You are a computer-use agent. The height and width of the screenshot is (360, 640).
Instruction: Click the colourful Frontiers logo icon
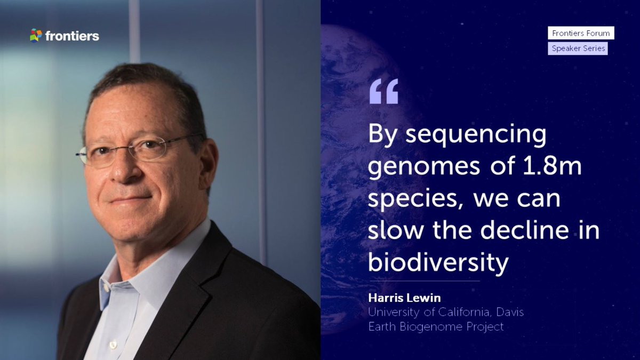click(x=36, y=36)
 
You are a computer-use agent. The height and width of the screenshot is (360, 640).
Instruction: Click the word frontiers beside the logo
click(x=72, y=36)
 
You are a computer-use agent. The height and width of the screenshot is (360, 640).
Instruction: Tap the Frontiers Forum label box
click(x=581, y=33)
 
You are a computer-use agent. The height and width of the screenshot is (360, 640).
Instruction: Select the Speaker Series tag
click(x=578, y=49)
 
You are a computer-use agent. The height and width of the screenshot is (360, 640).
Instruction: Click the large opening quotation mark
click(x=383, y=91)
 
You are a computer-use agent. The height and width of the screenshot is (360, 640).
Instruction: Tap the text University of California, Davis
click(x=446, y=312)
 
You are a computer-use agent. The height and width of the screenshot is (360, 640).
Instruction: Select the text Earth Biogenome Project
click(x=436, y=326)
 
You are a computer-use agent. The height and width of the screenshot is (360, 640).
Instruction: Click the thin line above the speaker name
click(x=424, y=281)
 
